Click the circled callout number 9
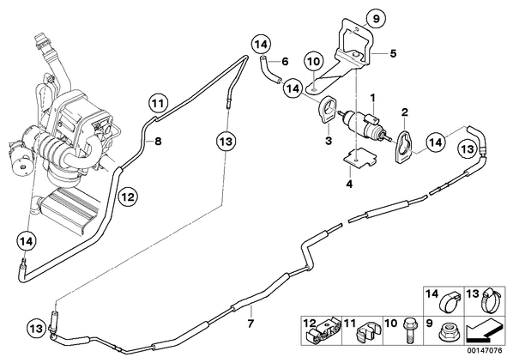pos(376,19)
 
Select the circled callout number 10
pos(313,62)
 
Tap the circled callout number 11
pos(159,104)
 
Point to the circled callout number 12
pos(128,197)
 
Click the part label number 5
pos(393,53)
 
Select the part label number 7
pos(250,324)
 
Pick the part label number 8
pos(158,142)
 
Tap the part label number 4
pos(349,184)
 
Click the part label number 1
pos(372,97)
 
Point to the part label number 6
pos(285,61)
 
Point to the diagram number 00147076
pos(484,351)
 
